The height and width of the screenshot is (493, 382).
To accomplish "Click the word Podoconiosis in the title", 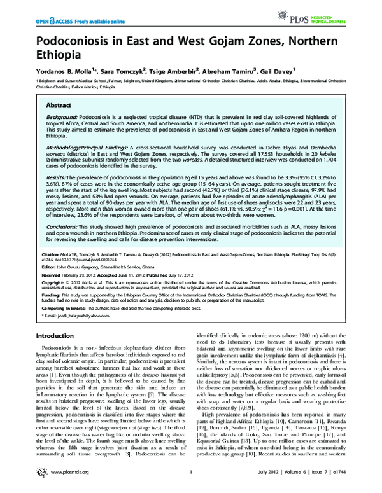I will (x=65, y=42).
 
